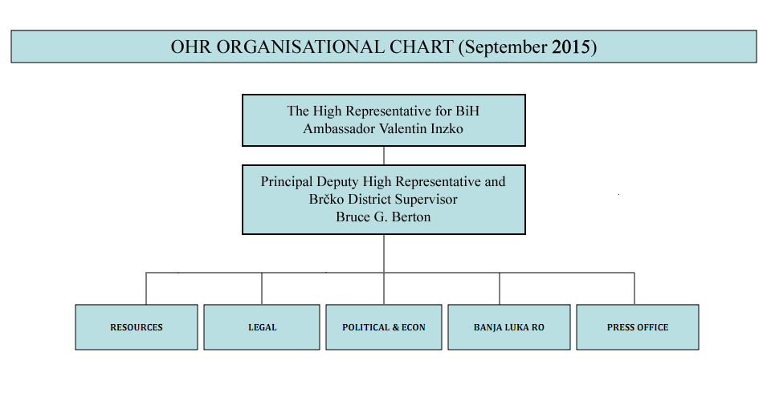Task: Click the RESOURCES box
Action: point(137,327)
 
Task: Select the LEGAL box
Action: point(262,327)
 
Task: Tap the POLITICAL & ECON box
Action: point(384,327)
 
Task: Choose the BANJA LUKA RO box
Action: point(509,327)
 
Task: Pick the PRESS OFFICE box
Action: point(638,327)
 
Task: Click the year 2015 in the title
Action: point(571,47)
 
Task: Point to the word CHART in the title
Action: point(421,47)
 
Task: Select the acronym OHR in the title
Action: point(191,47)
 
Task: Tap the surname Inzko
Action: point(447,128)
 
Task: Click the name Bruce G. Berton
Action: point(383,217)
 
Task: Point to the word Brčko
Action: point(326,199)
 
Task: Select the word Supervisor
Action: point(426,199)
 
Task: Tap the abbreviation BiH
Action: point(467,111)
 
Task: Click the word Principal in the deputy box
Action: point(287,182)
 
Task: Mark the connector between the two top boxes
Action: point(384,156)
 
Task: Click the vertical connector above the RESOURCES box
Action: point(145,289)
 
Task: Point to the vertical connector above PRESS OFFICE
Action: point(634,289)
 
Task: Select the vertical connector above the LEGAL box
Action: point(262,289)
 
